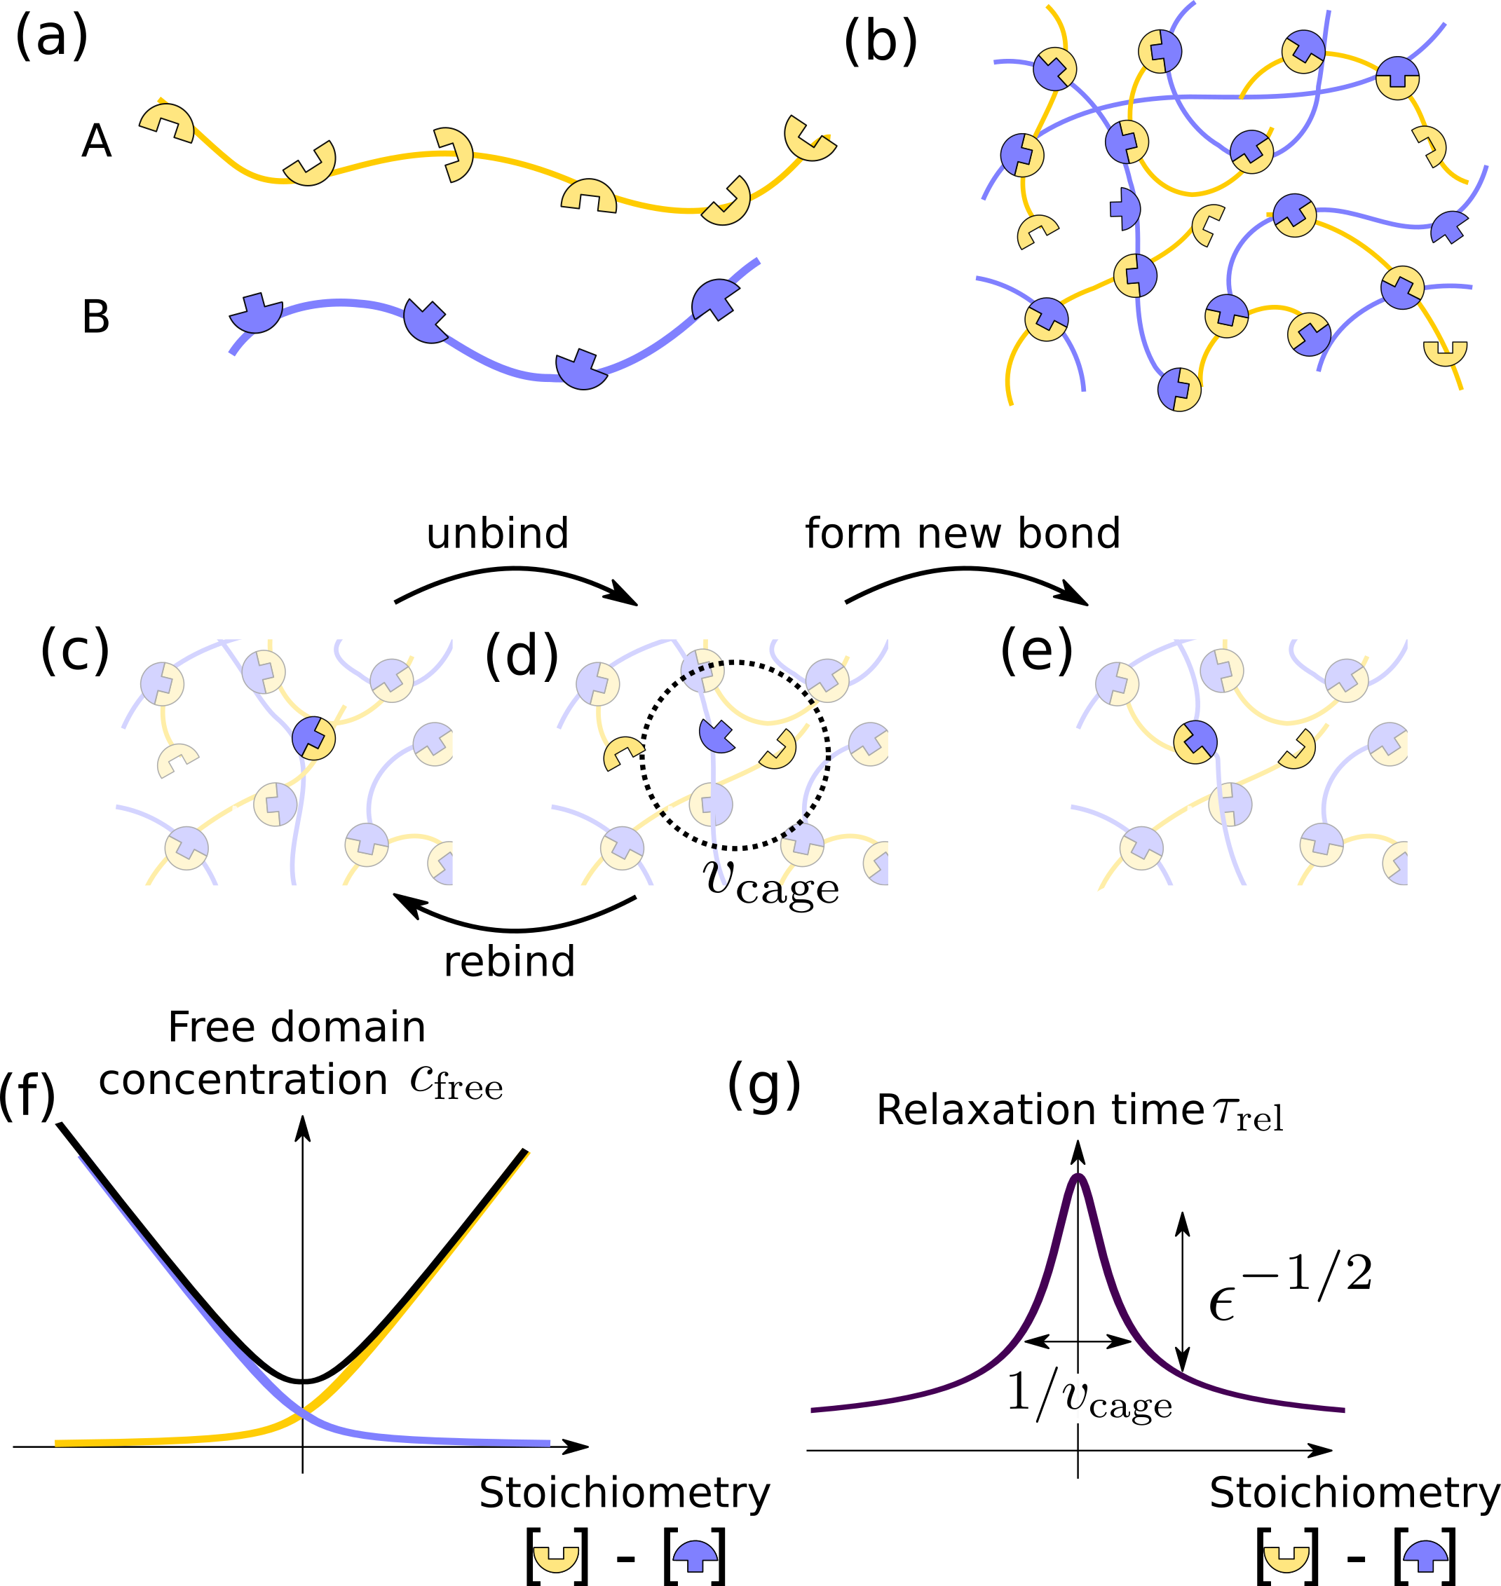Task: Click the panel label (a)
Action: (51, 39)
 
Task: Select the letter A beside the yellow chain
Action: (96, 142)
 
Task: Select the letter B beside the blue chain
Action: (96, 317)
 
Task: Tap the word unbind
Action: (497, 533)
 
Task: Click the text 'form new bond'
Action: (962, 533)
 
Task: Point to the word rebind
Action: (510, 962)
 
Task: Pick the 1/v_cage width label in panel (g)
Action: (1089, 1395)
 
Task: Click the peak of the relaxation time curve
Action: (1078, 1177)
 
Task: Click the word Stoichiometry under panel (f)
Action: (624, 1492)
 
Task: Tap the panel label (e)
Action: (1036, 651)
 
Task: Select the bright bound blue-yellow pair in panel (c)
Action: (313, 737)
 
